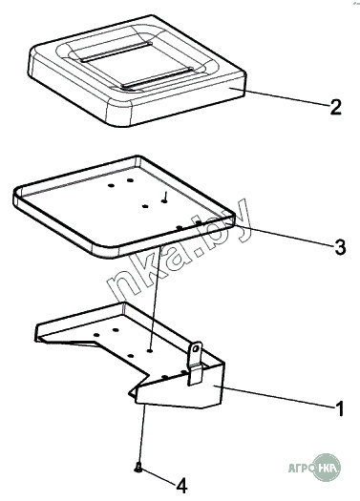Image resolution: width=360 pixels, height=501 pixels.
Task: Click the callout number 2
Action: [335, 107]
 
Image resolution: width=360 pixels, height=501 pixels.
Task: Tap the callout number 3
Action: [340, 247]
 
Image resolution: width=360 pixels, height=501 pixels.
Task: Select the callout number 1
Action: [340, 408]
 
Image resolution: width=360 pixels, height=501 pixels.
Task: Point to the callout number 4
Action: [181, 486]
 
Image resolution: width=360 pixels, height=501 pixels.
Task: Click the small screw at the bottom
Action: [138, 468]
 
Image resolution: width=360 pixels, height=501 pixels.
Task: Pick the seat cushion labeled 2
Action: [138, 70]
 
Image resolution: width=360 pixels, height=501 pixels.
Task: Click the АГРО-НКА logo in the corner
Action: [314, 469]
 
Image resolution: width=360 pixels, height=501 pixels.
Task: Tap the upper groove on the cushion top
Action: [116, 52]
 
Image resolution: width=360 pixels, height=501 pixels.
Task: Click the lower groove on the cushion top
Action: [159, 77]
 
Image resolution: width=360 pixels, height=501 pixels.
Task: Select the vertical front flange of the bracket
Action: [179, 387]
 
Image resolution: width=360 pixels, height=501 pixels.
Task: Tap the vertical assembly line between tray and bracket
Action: [155, 298]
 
